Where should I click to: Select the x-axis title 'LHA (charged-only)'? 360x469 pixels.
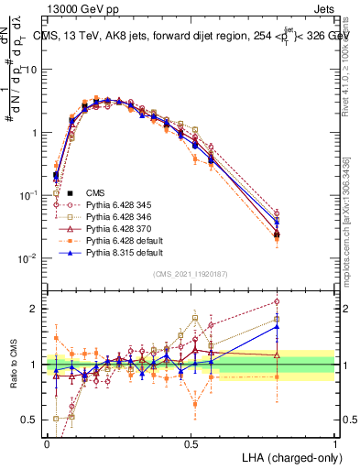(293, 457)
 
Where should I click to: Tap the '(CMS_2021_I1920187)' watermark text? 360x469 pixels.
(191, 274)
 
